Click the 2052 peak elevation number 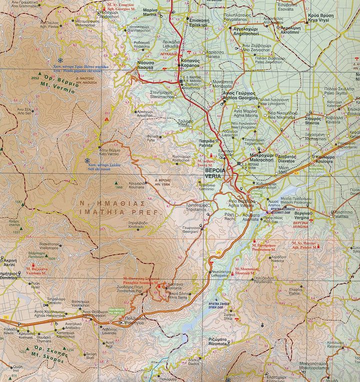[x=34, y=78]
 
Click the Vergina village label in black [x=301, y=219]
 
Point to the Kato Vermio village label [x=109, y=152]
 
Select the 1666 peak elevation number [x=118, y=187]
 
